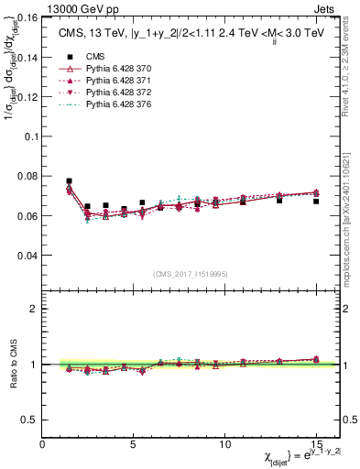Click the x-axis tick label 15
coord(316,445)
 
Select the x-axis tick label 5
coord(134,445)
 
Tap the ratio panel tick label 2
coord(34,309)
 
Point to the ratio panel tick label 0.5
coord(29,420)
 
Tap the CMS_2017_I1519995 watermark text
coord(191,272)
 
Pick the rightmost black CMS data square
coord(316,201)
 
